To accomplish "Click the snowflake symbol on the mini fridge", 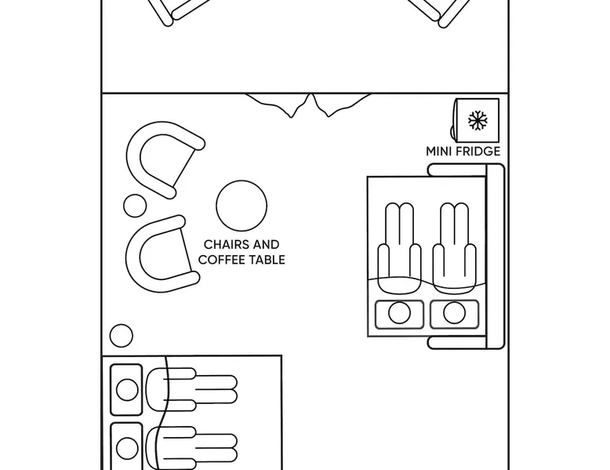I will (477, 120).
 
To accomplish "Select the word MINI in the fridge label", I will (438, 151).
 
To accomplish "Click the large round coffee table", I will (241, 206).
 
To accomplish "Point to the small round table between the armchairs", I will (135, 206).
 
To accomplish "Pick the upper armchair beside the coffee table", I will (162, 158).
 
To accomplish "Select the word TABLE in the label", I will (267, 260).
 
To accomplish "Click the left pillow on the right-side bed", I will (399, 314).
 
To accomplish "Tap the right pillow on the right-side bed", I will (454, 314).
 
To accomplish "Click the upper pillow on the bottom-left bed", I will (126, 389).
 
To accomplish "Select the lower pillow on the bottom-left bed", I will (127, 448).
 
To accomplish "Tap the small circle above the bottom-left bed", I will (121, 336).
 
